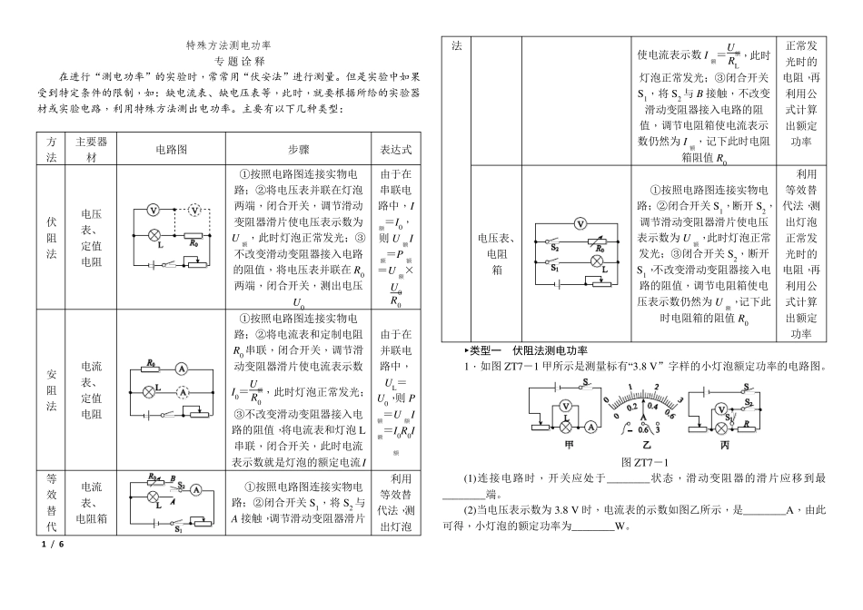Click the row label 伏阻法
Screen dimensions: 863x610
click(x=51, y=238)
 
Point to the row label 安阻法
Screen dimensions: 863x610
click(x=51, y=390)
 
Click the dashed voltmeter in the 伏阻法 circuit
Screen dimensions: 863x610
click(x=194, y=210)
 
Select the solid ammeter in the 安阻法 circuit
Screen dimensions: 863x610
click(x=182, y=369)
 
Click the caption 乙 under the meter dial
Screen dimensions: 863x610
click(x=646, y=447)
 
